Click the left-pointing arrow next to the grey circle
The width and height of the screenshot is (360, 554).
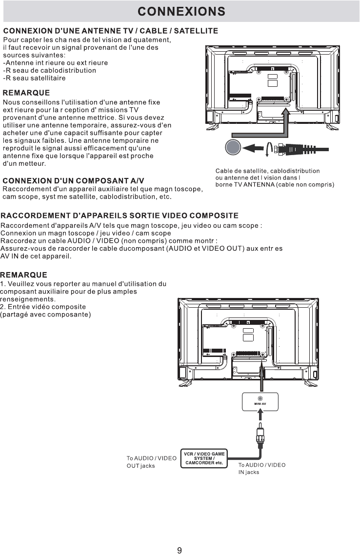[x=254, y=147]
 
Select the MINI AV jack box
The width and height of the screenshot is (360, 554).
[x=260, y=401]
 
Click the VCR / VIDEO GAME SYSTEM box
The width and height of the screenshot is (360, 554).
[x=204, y=458]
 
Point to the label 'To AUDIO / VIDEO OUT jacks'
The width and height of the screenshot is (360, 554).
[x=151, y=462]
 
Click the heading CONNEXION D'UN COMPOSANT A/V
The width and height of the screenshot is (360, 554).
[x=74, y=181]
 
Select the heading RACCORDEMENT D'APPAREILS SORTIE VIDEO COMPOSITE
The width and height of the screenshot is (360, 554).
[x=120, y=215]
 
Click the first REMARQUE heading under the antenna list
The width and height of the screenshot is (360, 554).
[x=26, y=92]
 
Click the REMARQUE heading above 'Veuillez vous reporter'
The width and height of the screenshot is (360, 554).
[x=24, y=275]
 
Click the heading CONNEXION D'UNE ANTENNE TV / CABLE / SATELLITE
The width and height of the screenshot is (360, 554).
[x=110, y=31]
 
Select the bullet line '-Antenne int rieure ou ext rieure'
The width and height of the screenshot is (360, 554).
[x=56, y=62]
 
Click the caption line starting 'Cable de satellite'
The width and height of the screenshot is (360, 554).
[x=267, y=171]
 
